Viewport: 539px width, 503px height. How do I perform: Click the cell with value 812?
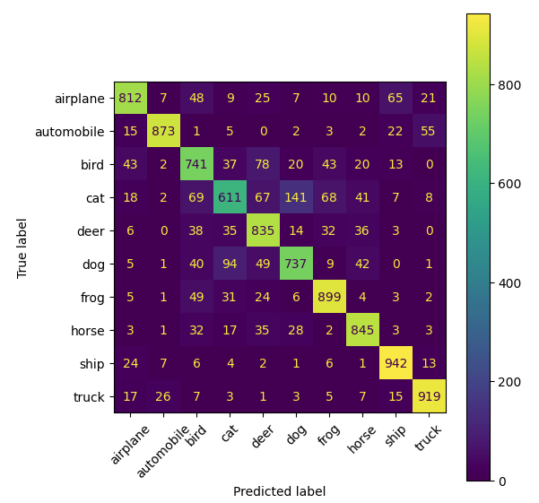tap(131, 97)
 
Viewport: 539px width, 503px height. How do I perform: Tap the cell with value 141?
tap(296, 196)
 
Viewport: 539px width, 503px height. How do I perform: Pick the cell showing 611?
tap(230, 196)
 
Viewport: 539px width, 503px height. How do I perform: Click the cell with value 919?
tap(429, 395)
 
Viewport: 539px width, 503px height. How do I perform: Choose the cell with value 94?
tap(230, 263)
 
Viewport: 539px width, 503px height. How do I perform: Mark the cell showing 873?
tap(164, 130)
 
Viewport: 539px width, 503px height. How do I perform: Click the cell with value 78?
tap(263, 163)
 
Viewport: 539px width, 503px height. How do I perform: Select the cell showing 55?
tap(429, 130)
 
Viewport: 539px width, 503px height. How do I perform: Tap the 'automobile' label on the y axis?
tap(71, 131)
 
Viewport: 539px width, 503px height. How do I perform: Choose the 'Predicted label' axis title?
tap(279, 491)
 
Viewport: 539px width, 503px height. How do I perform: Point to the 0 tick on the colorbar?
tap(507, 481)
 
